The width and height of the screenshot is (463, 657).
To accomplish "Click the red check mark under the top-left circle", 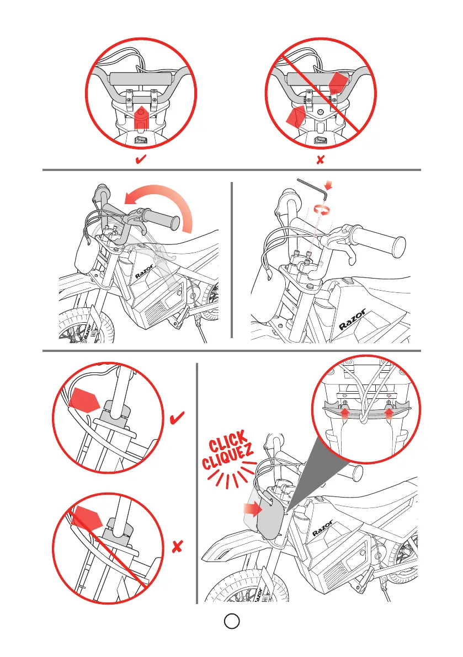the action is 141,159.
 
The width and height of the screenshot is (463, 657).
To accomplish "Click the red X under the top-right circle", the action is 321,159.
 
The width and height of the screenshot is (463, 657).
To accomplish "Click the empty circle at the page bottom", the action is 232,621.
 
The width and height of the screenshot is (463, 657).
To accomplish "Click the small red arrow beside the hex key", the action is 329,185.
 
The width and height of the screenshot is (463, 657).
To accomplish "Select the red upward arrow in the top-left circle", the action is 142,118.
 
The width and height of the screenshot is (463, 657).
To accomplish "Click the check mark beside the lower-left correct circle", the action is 177,418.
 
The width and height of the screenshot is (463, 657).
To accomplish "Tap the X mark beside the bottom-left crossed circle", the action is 178,546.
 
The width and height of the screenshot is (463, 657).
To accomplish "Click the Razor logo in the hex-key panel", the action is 352,320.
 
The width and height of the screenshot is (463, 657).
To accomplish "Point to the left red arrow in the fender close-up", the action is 344,413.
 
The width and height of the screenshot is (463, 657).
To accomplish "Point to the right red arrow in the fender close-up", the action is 389,413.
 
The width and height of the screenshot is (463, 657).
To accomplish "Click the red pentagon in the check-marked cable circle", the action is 84,398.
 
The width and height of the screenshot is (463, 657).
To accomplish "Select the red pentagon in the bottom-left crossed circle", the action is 87,518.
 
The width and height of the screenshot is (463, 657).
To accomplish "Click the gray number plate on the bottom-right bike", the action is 270,515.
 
